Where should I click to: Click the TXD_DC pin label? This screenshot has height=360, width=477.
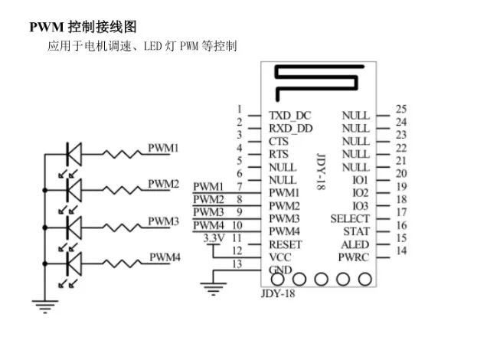tap(290, 116)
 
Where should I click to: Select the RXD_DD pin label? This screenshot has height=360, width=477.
tap(291, 129)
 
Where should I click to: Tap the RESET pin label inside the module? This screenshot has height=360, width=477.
tap(286, 244)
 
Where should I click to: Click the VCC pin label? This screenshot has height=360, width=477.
tap(280, 257)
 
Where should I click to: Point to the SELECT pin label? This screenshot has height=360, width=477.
tap(350, 219)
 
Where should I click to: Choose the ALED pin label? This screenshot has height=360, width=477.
tap(355, 244)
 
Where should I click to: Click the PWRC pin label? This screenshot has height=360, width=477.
tap(354, 257)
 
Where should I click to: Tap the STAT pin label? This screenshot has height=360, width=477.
tap(356, 231)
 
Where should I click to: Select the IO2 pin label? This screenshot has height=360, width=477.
tap(361, 193)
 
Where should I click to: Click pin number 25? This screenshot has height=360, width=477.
tap(401, 109)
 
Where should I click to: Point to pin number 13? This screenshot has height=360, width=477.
tap(237, 263)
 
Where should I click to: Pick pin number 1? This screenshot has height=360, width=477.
tap(240, 109)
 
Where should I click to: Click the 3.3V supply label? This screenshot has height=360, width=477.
tap(214, 238)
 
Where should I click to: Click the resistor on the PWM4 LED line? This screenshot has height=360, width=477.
tap(122, 263)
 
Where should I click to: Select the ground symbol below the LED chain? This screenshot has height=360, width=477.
tap(45, 306)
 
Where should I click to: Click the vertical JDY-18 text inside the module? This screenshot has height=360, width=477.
tap(321, 172)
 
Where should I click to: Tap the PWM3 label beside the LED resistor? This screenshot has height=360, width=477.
tap(163, 221)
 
